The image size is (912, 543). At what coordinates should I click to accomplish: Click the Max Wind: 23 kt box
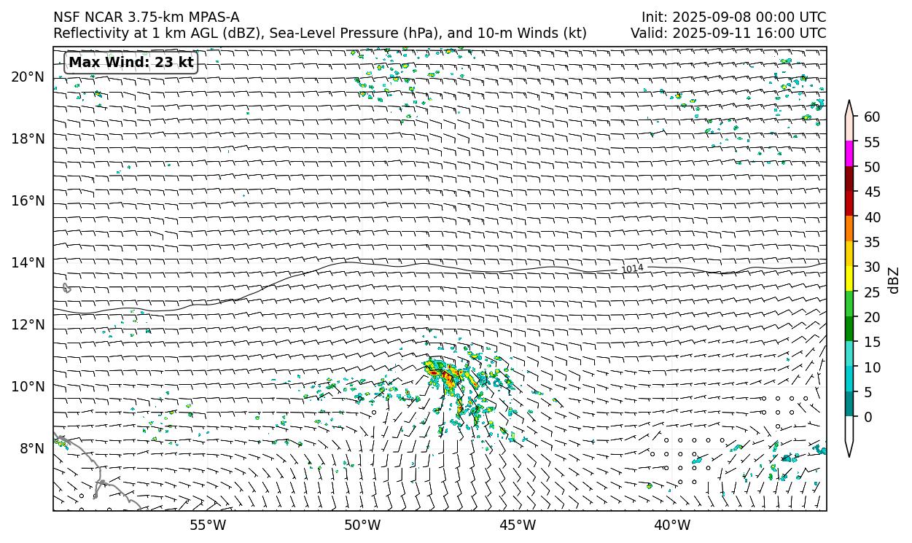coord(131,63)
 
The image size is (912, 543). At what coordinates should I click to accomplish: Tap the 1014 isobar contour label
coord(632,269)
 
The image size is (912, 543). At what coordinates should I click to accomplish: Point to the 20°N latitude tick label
coord(28,77)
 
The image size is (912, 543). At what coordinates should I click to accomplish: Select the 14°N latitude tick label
coord(28,263)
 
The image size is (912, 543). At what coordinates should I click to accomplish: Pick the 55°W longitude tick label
coord(208,526)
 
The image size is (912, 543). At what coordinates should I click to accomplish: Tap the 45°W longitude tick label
coord(518,526)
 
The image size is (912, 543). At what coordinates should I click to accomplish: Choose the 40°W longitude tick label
coord(672,526)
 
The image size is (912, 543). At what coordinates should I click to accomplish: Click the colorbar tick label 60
coord(872,117)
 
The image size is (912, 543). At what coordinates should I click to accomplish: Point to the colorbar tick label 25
coord(872,292)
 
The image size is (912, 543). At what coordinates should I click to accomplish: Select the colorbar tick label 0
coord(867,418)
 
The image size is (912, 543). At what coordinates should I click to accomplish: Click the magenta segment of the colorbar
coord(849,154)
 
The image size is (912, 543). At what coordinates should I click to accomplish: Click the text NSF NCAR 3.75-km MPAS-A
coord(146,17)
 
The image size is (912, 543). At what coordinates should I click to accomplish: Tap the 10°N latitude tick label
coord(28,387)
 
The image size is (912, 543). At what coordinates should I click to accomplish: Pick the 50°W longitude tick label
coord(362,526)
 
